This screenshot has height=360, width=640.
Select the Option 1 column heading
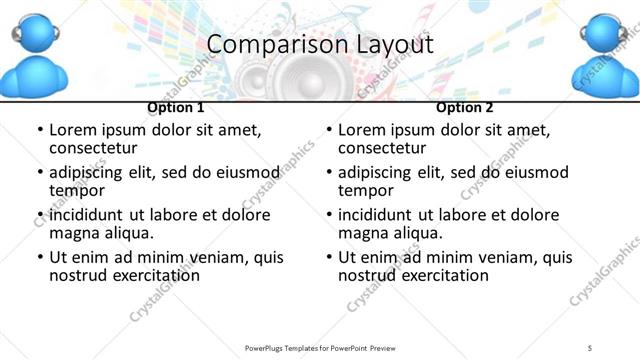pos(176,107)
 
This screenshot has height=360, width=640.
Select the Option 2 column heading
pos(465,107)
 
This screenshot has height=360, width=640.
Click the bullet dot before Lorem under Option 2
pos(329,131)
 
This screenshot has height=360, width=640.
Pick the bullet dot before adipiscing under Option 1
pos(40,173)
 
